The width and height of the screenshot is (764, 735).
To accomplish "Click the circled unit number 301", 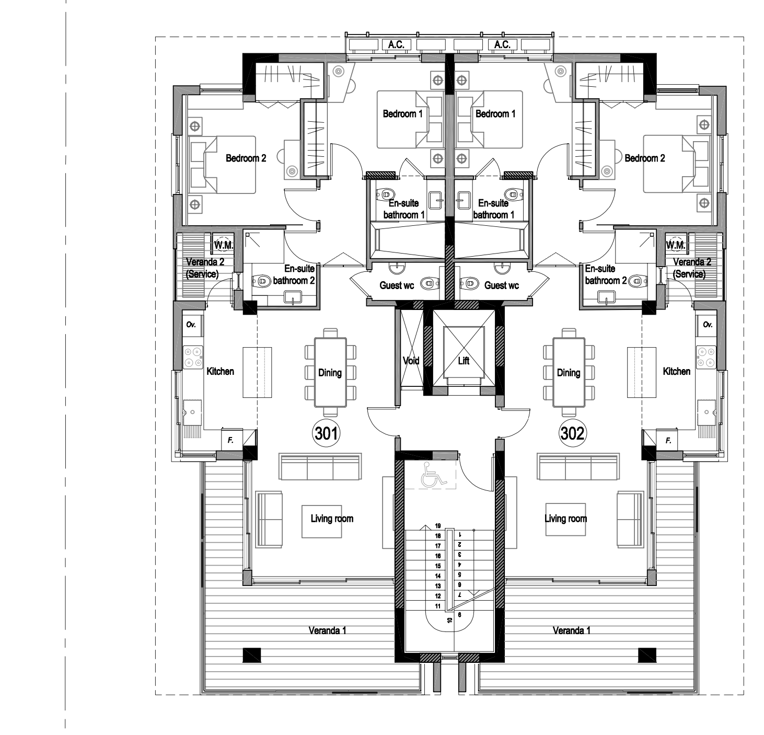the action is pos(326,433).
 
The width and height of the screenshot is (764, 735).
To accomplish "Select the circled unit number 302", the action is pos(572,433).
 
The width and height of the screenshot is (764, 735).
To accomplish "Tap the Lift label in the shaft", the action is pos(464,361).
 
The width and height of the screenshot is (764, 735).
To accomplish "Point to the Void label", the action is pos(411,361).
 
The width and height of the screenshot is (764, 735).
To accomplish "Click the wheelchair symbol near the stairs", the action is pos(433,474).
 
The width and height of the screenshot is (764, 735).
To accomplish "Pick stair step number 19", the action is pos(438,525).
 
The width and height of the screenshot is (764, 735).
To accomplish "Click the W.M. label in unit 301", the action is pos(223,246).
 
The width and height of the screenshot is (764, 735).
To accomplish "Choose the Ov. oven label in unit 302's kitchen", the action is pos(708,325).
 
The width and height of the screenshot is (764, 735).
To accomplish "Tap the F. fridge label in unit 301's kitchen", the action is pos(230,441).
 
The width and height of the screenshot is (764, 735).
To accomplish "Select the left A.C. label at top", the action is pos(396,45).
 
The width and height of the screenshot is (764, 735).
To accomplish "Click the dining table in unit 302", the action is pos(569,372).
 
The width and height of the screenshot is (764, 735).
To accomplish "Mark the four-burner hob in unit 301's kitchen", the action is pos(193,357).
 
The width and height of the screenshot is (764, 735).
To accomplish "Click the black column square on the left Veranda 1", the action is pos(252,655).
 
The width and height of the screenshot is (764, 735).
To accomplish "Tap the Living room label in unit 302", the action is pos(566,519).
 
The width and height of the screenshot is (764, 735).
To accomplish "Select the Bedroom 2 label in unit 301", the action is pos(246,158).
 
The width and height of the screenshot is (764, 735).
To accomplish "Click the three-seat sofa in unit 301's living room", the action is pos(320,467).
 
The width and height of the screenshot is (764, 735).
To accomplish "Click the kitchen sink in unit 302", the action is pos(707,412).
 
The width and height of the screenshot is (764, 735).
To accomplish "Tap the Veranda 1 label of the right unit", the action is pos(571,630).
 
